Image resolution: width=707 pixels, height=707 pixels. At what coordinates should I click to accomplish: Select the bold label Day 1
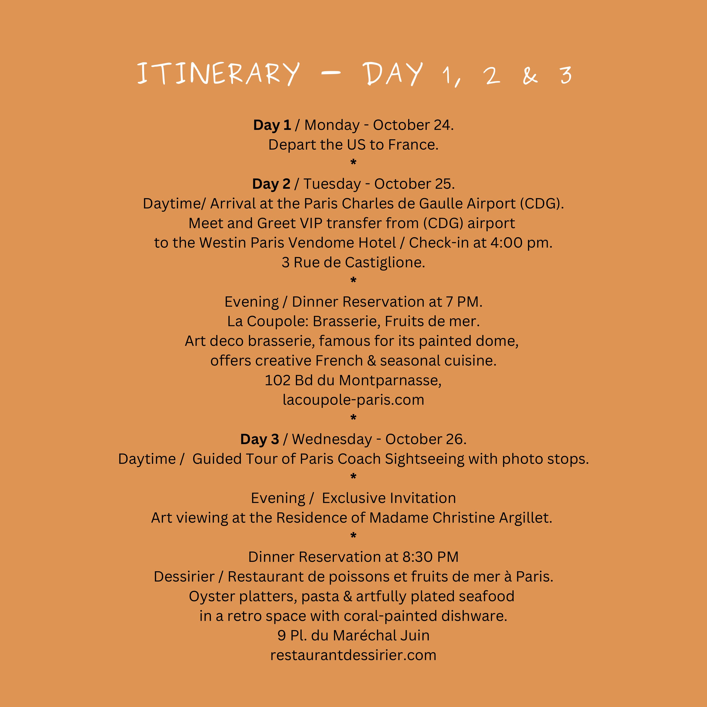click(272, 125)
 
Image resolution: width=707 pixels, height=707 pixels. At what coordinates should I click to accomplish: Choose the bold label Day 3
click(260, 439)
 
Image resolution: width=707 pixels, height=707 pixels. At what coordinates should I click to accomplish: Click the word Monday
click(332, 125)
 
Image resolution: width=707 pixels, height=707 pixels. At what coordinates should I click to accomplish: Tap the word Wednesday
click(332, 439)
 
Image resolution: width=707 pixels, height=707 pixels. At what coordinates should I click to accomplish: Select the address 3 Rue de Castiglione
click(353, 262)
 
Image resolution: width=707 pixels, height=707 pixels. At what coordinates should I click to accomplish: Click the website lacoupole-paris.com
click(353, 400)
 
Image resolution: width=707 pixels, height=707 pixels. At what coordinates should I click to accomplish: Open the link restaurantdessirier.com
click(353, 655)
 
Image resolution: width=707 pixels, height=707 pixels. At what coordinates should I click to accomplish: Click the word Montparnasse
click(390, 380)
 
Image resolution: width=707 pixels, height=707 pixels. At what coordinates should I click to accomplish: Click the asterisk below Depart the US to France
click(353, 162)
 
